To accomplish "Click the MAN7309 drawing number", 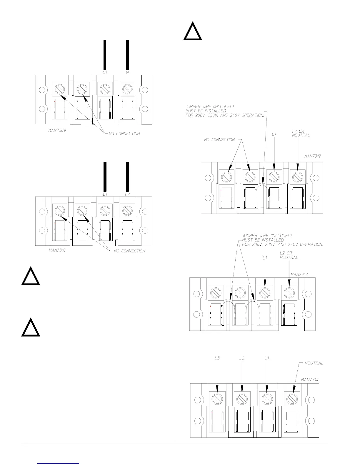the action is coord(57,130).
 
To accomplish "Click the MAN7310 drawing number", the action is coord(57,251).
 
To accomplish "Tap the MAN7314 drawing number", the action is coord(309,380).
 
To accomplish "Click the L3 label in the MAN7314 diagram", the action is coord(217,358).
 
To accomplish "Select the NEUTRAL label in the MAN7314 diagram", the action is coord(314,363).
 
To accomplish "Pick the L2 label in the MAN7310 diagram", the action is coord(127,194).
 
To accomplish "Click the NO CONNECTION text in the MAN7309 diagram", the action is coord(124,134).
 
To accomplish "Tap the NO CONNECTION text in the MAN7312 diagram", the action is coord(219,140).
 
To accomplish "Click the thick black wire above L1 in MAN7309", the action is coord(105,55).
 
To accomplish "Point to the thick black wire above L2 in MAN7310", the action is coord(127,176).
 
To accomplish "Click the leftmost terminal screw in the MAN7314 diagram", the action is coord(217,399).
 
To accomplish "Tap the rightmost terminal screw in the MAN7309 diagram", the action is coord(127,88).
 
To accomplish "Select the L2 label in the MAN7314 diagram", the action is coord(242,358).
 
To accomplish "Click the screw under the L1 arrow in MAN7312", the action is coord(274,177).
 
